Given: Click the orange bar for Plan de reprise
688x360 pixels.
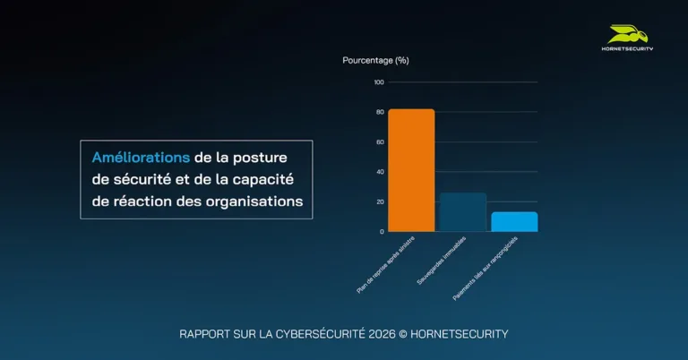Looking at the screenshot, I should [411, 170].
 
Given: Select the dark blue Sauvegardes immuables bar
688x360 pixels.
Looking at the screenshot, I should [463, 212].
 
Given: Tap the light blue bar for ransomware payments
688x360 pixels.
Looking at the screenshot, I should [514, 221].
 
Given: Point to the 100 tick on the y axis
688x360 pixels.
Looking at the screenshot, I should [379, 82].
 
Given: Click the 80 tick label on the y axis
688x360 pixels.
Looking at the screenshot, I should [380, 112].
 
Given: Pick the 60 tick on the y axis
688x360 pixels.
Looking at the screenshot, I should [380, 141].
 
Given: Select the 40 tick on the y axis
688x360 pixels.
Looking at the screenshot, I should [380, 172].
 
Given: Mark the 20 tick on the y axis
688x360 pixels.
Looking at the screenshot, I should [380, 201].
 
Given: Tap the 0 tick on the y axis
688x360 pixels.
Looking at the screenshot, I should [382, 231].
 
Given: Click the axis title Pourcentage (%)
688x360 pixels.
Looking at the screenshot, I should [375, 60].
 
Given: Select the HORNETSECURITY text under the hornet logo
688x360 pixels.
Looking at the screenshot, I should [626, 49].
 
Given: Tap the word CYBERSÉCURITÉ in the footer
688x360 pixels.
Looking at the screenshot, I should [313, 334].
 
